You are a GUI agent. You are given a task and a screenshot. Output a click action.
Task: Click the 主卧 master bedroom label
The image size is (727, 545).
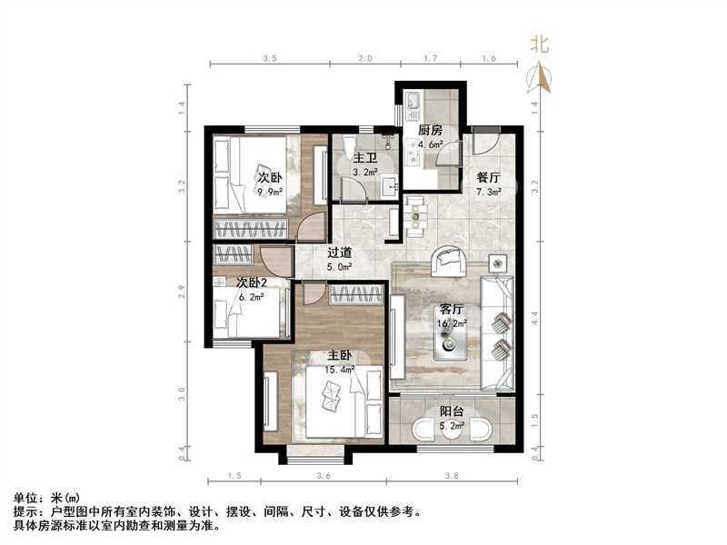[341, 355]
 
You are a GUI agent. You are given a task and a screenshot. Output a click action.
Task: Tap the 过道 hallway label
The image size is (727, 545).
[340, 253]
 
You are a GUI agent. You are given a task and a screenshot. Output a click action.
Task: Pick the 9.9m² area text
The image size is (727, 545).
[270, 192]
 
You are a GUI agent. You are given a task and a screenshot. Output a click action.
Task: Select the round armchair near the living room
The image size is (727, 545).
[449, 261]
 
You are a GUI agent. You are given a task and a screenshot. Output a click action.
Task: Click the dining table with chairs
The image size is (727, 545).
[416, 215]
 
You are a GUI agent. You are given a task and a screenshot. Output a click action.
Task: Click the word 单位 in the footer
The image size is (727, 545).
[27, 498]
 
